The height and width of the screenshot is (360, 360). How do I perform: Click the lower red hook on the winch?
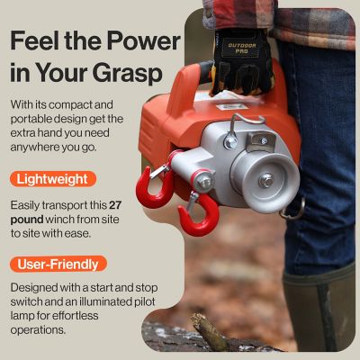[197, 216]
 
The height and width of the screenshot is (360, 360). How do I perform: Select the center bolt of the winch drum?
[266, 180]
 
